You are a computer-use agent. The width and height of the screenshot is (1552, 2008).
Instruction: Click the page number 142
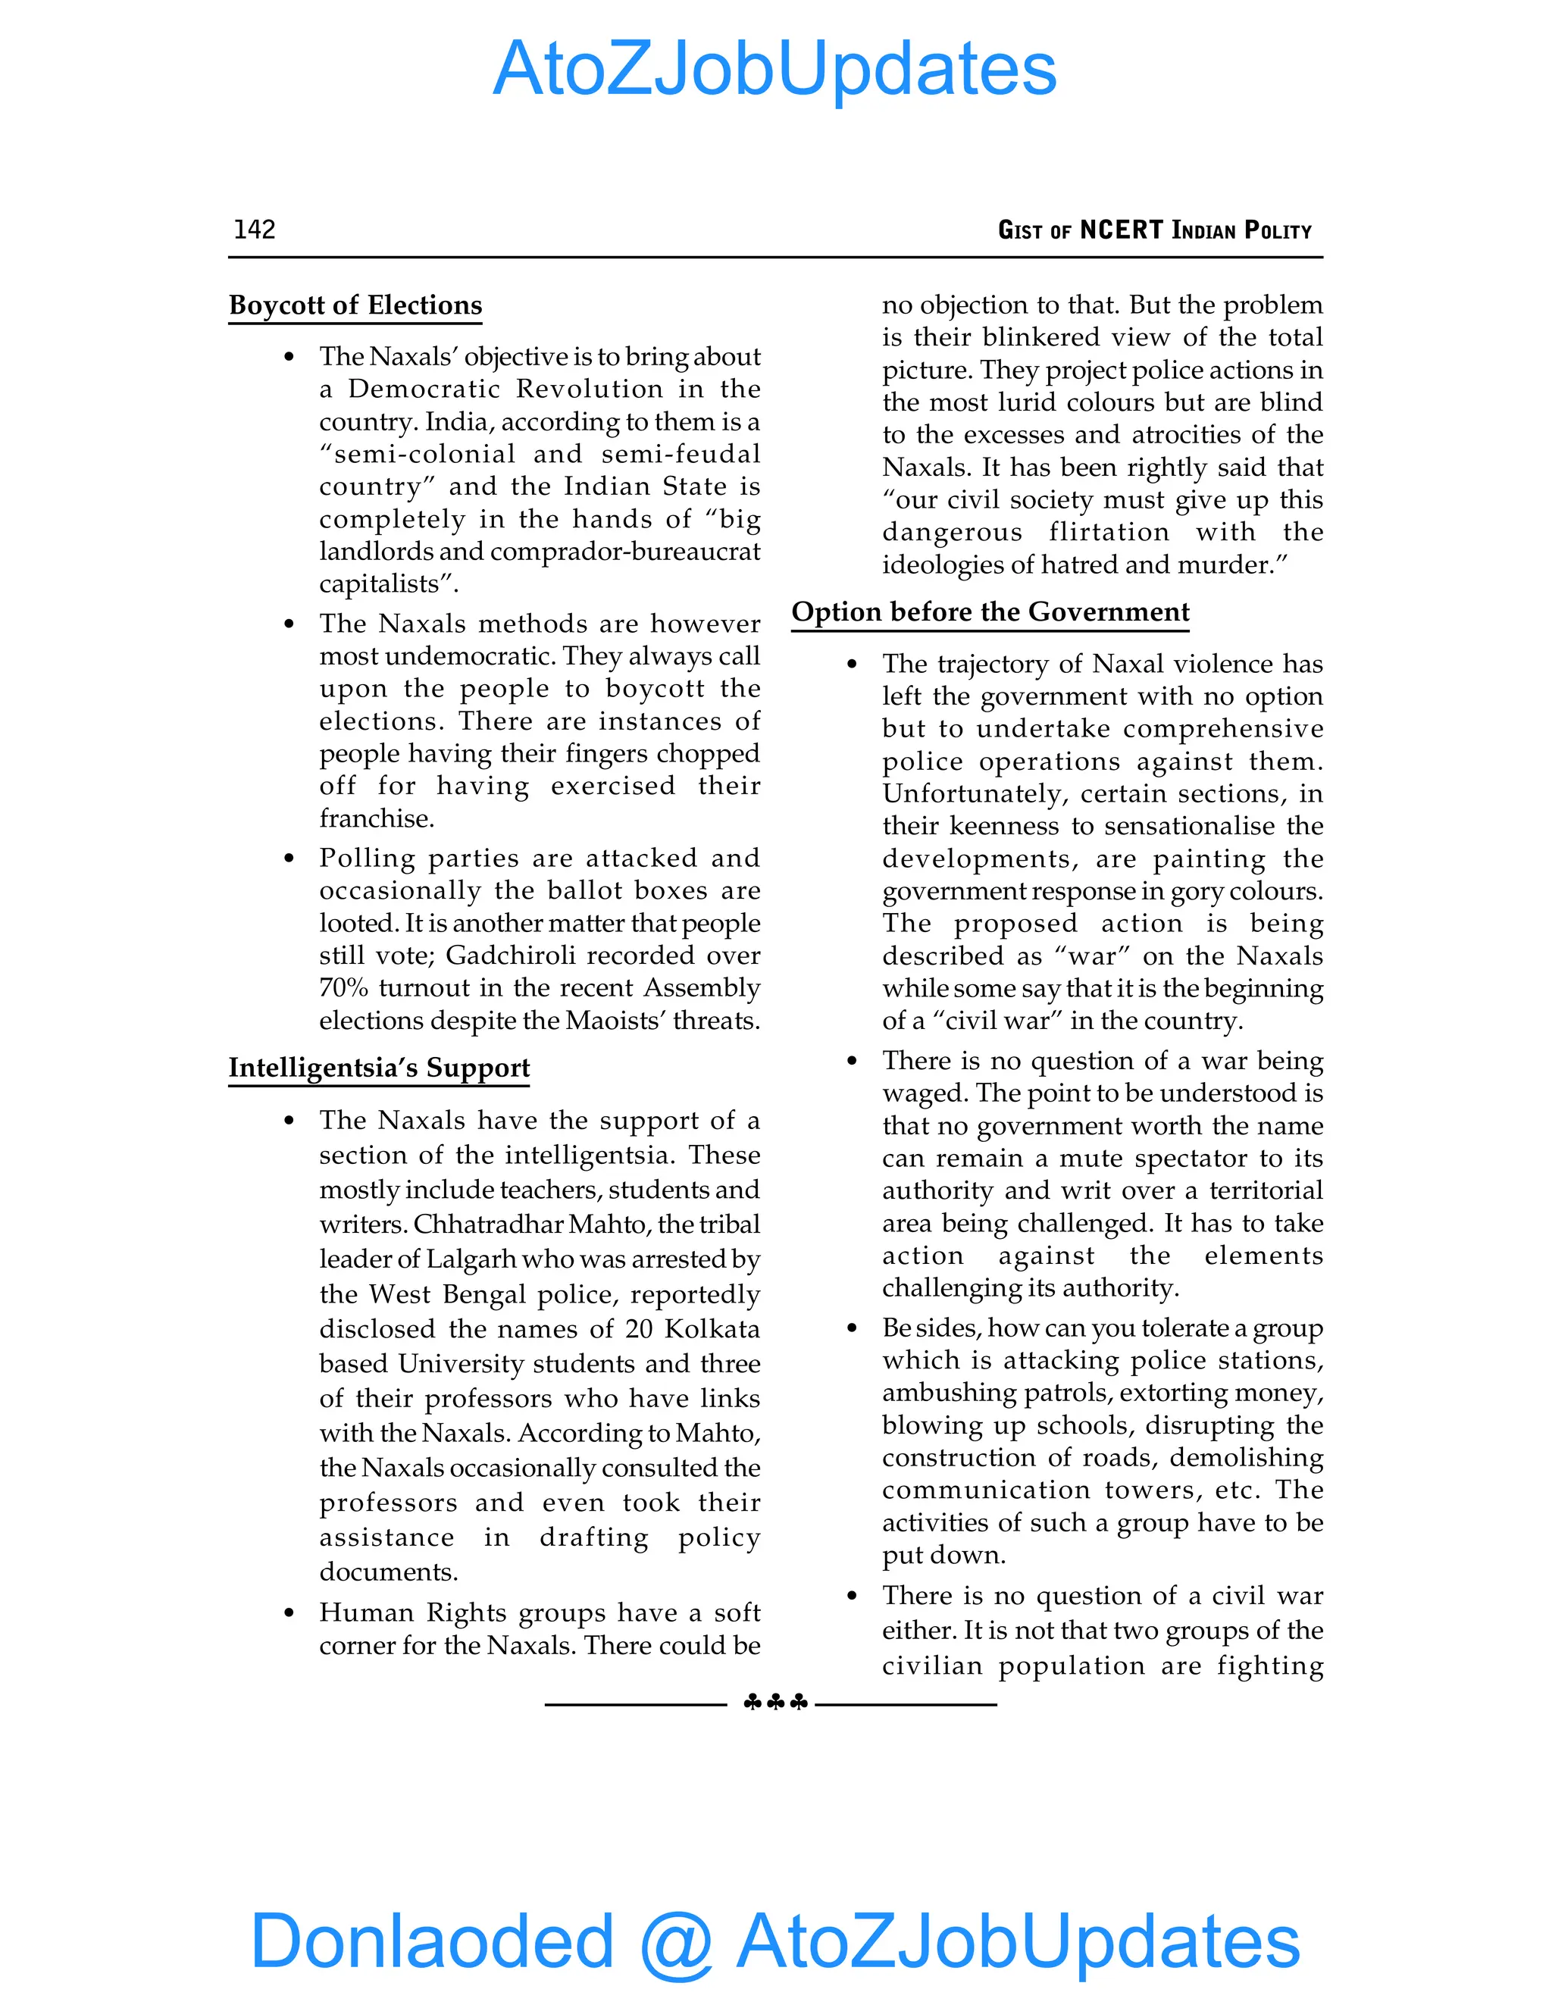255,229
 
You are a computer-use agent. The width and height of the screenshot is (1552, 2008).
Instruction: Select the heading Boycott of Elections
355,305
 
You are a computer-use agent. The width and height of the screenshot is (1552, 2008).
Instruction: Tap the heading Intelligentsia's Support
379,1068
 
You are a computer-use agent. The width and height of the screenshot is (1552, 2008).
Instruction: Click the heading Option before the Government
990,612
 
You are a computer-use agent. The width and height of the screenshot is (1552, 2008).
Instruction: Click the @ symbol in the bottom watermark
676,1942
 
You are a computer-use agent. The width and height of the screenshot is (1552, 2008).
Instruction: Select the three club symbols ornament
775,1703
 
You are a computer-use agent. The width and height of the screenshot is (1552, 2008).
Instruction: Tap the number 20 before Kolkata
639,1330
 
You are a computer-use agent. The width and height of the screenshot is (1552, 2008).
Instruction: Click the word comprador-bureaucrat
625,552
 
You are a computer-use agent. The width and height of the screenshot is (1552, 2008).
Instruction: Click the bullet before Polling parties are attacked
289,859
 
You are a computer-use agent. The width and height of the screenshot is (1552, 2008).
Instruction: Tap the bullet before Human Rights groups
289,1613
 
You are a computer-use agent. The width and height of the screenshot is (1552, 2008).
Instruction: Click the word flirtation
1109,533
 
